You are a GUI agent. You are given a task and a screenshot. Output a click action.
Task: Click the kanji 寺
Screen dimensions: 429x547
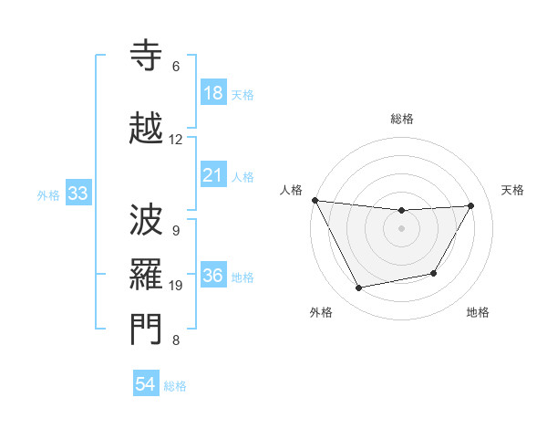click(x=147, y=57)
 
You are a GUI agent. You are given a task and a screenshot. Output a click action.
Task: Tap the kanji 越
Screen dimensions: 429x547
click(x=147, y=129)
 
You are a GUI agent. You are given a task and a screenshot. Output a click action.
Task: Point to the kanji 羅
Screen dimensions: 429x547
click(x=147, y=273)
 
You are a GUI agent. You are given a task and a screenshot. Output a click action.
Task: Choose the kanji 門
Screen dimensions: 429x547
click(x=147, y=329)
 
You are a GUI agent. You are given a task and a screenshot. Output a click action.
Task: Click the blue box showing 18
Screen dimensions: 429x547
click(x=212, y=93)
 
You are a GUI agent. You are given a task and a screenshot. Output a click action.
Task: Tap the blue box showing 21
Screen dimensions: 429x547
click(x=212, y=175)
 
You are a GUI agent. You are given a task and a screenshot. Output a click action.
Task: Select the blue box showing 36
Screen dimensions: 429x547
click(x=212, y=277)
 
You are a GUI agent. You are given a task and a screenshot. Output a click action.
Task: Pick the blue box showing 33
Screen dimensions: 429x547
click(x=77, y=194)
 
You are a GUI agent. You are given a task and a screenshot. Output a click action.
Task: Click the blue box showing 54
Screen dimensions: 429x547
click(x=146, y=384)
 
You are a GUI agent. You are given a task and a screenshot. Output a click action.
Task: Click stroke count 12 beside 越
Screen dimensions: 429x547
click(x=176, y=140)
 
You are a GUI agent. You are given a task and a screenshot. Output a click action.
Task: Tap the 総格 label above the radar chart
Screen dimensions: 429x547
click(x=402, y=119)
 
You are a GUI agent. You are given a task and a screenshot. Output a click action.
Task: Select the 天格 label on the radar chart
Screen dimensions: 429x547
click(x=513, y=190)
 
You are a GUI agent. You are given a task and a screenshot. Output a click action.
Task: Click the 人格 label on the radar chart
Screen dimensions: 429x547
click(x=292, y=190)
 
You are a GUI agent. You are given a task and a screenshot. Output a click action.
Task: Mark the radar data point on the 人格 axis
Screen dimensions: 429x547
click(x=315, y=200)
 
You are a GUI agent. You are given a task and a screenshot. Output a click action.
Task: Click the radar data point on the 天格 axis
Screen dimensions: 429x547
click(x=470, y=205)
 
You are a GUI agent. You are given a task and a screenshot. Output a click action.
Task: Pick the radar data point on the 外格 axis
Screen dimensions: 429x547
click(x=358, y=288)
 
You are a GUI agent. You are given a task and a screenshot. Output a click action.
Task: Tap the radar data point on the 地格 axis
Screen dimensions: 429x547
click(x=434, y=273)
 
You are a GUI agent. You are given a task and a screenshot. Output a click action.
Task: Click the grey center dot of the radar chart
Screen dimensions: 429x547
click(x=402, y=228)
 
